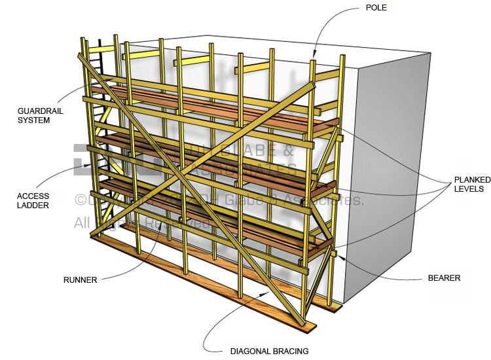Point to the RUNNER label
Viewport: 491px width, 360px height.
click(x=80, y=280)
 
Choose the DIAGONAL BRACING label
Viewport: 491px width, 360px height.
click(x=269, y=351)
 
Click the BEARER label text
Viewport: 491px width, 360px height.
click(x=443, y=278)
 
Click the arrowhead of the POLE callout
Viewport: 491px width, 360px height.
click(x=314, y=56)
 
